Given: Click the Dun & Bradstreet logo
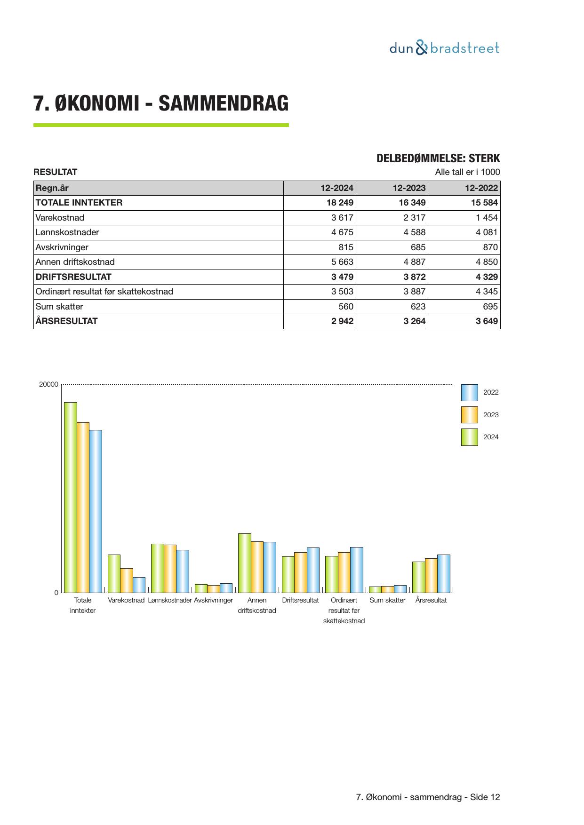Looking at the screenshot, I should pos(444,48).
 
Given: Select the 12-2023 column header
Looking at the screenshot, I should pos(409,188).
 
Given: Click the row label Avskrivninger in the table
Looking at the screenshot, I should pos(62,247).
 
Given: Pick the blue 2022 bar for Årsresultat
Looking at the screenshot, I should pos(443,573).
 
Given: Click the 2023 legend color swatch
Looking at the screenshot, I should pos(469,415).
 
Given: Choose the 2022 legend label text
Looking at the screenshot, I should pos(491,392).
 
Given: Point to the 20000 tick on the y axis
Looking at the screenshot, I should pos(48,384).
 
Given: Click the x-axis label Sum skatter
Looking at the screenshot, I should pos(387,600).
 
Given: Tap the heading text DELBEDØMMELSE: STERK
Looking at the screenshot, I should pos(438,159).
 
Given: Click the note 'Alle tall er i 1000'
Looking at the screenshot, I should pos(467,172).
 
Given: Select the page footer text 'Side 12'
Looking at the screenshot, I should pos(485,797).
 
